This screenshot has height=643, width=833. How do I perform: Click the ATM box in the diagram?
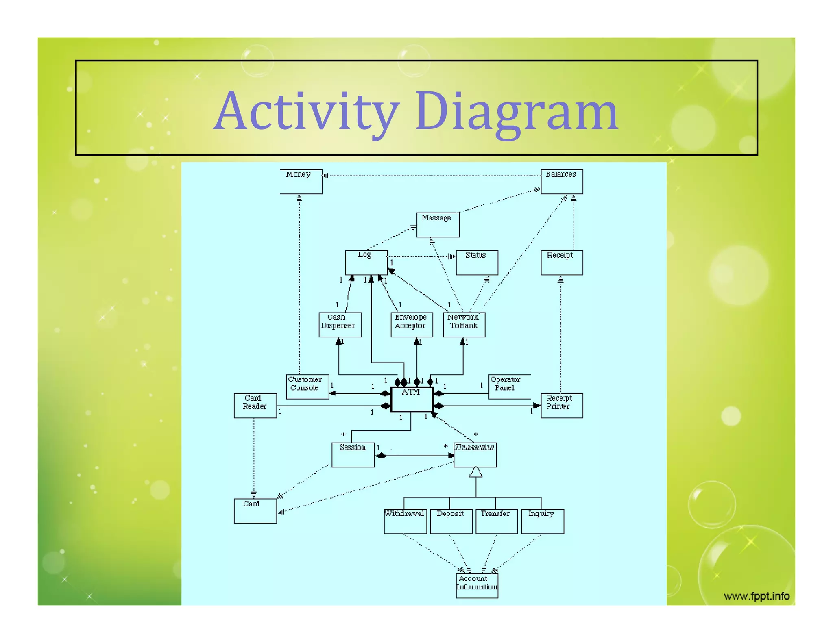(x=411, y=399)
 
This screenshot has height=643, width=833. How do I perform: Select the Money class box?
(x=301, y=182)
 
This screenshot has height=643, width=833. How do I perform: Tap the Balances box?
(x=561, y=182)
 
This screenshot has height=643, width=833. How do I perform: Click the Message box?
(x=438, y=225)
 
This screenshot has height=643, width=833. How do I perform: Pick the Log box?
(x=366, y=263)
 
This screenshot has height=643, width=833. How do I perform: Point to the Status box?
(x=477, y=263)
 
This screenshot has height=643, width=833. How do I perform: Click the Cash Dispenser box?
(x=340, y=324)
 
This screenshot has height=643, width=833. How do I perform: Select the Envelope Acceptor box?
(x=412, y=324)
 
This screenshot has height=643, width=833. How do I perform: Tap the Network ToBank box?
(x=464, y=324)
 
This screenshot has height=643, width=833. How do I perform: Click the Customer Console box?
(x=307, y=387)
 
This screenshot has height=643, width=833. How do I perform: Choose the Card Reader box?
(x=255, y=405)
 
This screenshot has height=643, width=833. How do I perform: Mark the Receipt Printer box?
(x=561, y=405)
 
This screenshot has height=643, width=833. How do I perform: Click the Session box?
(x=353, y=455)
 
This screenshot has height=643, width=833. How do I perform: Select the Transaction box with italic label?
(x=475, y=455)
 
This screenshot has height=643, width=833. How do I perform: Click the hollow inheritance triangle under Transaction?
(x=475, y=473)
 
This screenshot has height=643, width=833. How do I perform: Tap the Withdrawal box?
(x=405, y=521)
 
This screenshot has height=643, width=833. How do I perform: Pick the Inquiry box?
(x=542, y=521)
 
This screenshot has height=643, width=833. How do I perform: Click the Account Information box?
(x=477, y=585)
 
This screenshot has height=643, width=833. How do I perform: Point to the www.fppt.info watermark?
(x=756, y=596)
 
